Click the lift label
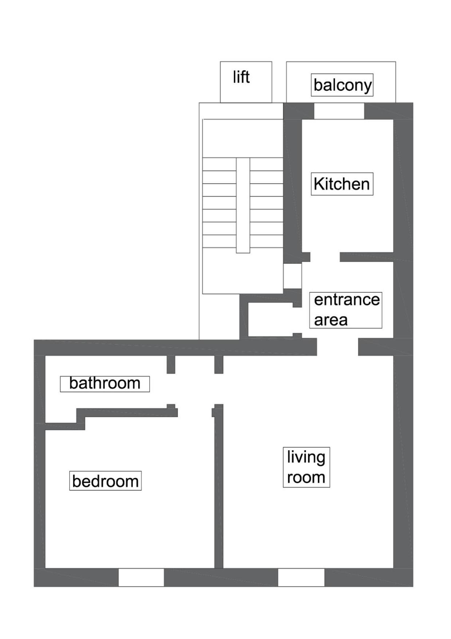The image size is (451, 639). pyautogui.click(x=241, y=77)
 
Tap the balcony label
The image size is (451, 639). pyautogui.click(x=342, y=85)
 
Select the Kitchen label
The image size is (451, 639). pyautogui.click(x=342, y=184)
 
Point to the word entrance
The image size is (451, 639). pyautogui.click(x=347, y=300)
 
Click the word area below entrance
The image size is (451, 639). pyautogui.click(x=331, y=320)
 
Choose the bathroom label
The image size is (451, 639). pyautogui.click(x=105, y=384)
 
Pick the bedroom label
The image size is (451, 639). pyautogui.click(x=105, y=481)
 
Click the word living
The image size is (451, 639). pyautogui.click(x=306, y=457)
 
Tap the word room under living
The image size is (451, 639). pyautogui.click(x=306, y=478)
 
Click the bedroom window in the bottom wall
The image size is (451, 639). pyautogui.click(x=141, y=577)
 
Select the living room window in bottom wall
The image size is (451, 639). pyautogui.click(x=301, y=577)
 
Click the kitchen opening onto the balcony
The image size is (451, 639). pyautogui.click(x=339, y=111)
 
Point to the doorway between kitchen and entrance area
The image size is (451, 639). pyautogui.click(x=325, y=257)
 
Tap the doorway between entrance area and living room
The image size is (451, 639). pyautogui.click(x=337, y=347)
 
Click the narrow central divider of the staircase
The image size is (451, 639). pyautogui.click(x=243, y=205)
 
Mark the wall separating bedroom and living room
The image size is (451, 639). pyautogui.click(x=219, y=488)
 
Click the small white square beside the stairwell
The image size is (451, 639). pyautogui.click(x=292, y=276)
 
